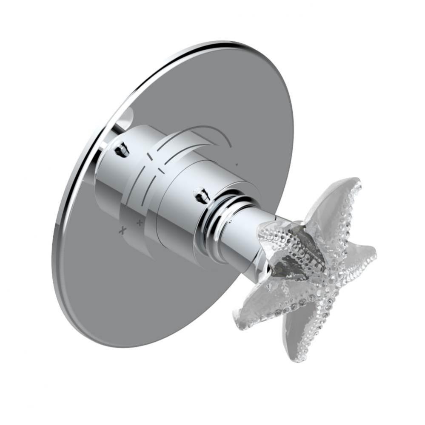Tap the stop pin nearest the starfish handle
(x=200, y=195)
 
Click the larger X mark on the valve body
(x=123, y=230)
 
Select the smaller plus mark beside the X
(x=139, y=222)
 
